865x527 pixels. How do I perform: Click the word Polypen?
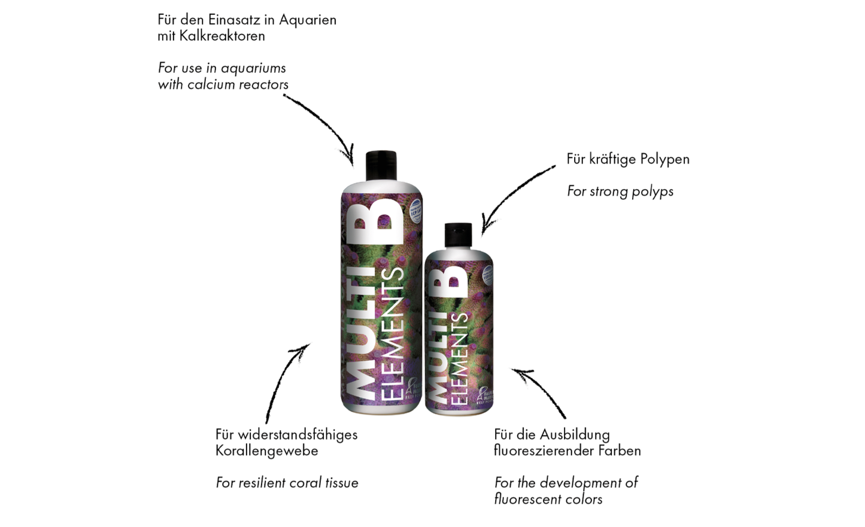click(664, 159)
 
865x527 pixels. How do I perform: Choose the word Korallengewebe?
click(266, 451)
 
